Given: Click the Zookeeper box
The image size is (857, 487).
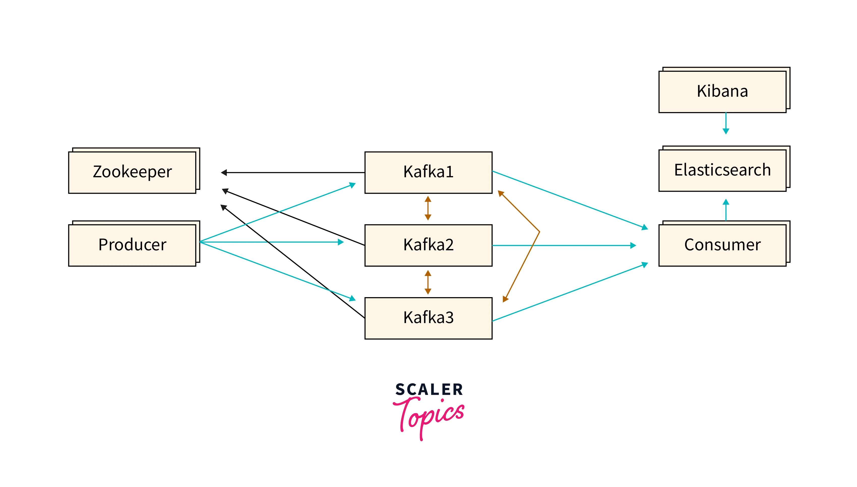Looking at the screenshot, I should (132, 172).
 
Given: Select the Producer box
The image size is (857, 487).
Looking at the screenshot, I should (132, 245).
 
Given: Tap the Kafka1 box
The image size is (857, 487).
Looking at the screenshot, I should (428, 172).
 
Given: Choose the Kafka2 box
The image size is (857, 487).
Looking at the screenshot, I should (428, 245).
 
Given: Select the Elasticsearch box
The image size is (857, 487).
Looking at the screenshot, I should (722, 170).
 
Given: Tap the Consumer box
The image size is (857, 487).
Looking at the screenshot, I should (722, 245).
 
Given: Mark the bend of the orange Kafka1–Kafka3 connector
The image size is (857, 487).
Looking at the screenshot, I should (539, 231).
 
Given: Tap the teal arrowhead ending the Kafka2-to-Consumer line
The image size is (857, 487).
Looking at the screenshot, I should (633, 246).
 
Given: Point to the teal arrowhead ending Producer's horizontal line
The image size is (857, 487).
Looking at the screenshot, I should (341, 242).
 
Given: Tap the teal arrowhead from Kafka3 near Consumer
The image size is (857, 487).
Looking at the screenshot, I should (645, 265).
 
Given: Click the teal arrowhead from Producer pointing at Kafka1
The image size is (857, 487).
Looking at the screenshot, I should (352, 185).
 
